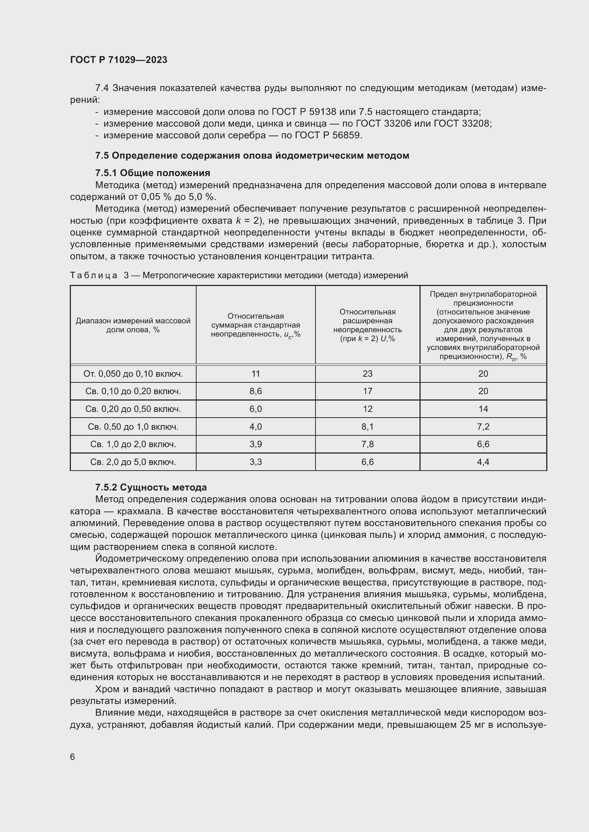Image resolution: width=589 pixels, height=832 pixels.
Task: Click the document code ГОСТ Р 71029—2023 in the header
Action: [119, 60]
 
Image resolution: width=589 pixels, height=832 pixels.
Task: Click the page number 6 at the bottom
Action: [73, 757]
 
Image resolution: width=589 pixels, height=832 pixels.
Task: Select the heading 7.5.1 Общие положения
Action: [152, 173]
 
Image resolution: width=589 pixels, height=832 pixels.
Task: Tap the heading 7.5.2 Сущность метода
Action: [151, 487]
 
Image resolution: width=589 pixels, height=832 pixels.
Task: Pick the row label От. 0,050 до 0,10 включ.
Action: [133, 373]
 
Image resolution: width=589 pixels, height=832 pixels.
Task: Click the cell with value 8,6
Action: [256, 391]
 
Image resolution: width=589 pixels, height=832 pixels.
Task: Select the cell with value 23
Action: [368, 373]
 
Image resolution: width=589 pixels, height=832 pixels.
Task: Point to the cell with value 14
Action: [483, 409]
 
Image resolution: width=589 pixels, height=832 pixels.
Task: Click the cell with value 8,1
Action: [368, 427]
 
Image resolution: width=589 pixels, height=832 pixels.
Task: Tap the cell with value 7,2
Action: [483, 427]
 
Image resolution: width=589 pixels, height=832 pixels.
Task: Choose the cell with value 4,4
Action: [483, 462]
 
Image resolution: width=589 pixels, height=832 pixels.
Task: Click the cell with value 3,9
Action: [256, 444]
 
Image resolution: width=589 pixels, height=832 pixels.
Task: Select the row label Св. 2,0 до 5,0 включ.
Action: [133, 462]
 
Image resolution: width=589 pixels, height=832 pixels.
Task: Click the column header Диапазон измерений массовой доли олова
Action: [133, 325]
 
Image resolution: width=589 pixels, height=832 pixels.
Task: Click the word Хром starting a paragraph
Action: [106, 689]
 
